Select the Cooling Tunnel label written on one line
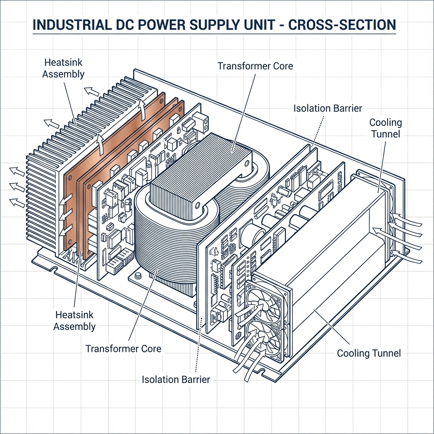[369, 353]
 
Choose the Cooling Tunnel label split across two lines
[385, 128]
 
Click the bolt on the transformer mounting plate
[138, 276]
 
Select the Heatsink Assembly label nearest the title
[64, 68]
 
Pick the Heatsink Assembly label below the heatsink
[75, 320]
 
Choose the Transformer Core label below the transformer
[123, 349]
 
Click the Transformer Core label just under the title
[255, 66]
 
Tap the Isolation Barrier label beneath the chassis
[176, 379]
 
